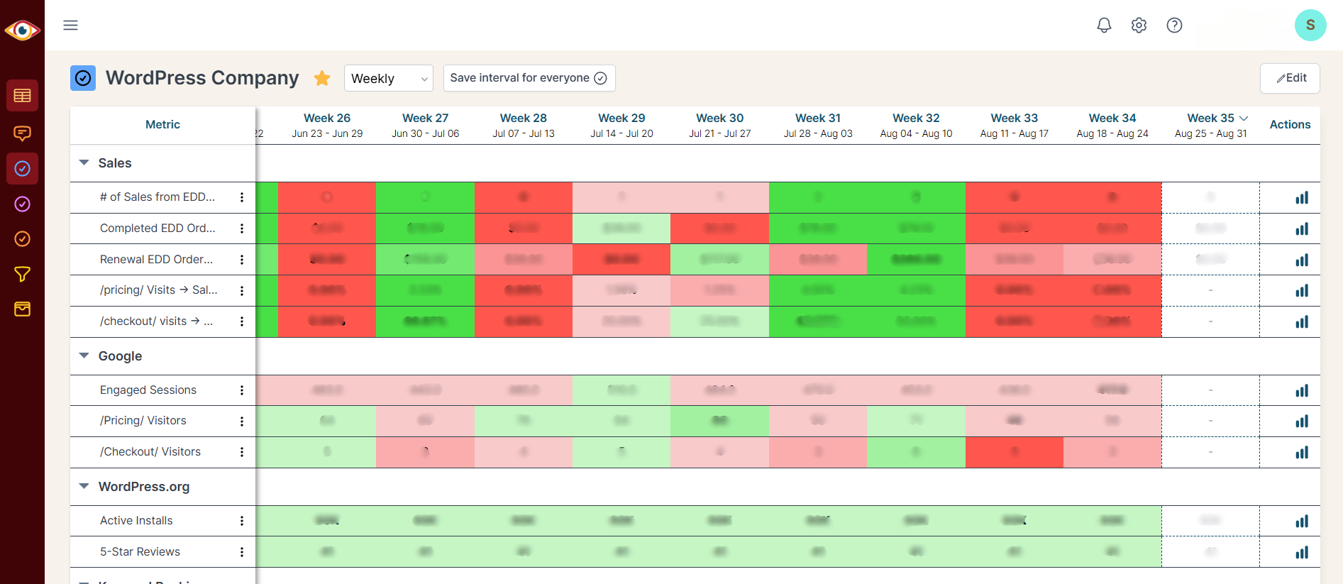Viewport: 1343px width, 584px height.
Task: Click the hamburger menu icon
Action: (70, 26)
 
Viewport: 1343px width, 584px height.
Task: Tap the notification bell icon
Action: (1104, 26)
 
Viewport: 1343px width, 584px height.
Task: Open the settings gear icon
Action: (1139, 26)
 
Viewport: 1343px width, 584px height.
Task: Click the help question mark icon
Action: (1174, 26)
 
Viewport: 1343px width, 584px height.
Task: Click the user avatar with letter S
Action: (1310, 26)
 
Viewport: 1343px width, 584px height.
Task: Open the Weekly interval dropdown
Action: (388, 78)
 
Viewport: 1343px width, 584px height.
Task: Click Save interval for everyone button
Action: (529, 78)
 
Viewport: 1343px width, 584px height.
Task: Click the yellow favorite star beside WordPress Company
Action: (322, 78)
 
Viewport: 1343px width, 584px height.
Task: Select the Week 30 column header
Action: (719, 125)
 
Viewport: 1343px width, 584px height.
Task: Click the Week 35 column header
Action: (1211, 125)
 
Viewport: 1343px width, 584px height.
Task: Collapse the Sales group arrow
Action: (84, 163)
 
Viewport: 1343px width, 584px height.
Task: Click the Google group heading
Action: (120, 356)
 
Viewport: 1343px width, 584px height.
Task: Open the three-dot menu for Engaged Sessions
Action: (242, 390)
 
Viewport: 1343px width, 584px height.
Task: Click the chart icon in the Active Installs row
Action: (1301, 522)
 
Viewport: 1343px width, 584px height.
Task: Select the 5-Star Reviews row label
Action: (140, 552)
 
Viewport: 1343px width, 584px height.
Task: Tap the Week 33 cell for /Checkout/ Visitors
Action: (1014, 452)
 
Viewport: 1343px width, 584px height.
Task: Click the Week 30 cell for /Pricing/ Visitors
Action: (719, 421)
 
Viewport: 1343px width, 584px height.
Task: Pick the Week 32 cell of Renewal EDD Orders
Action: (916, 260)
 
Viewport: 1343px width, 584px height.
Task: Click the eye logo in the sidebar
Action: (22, 31)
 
